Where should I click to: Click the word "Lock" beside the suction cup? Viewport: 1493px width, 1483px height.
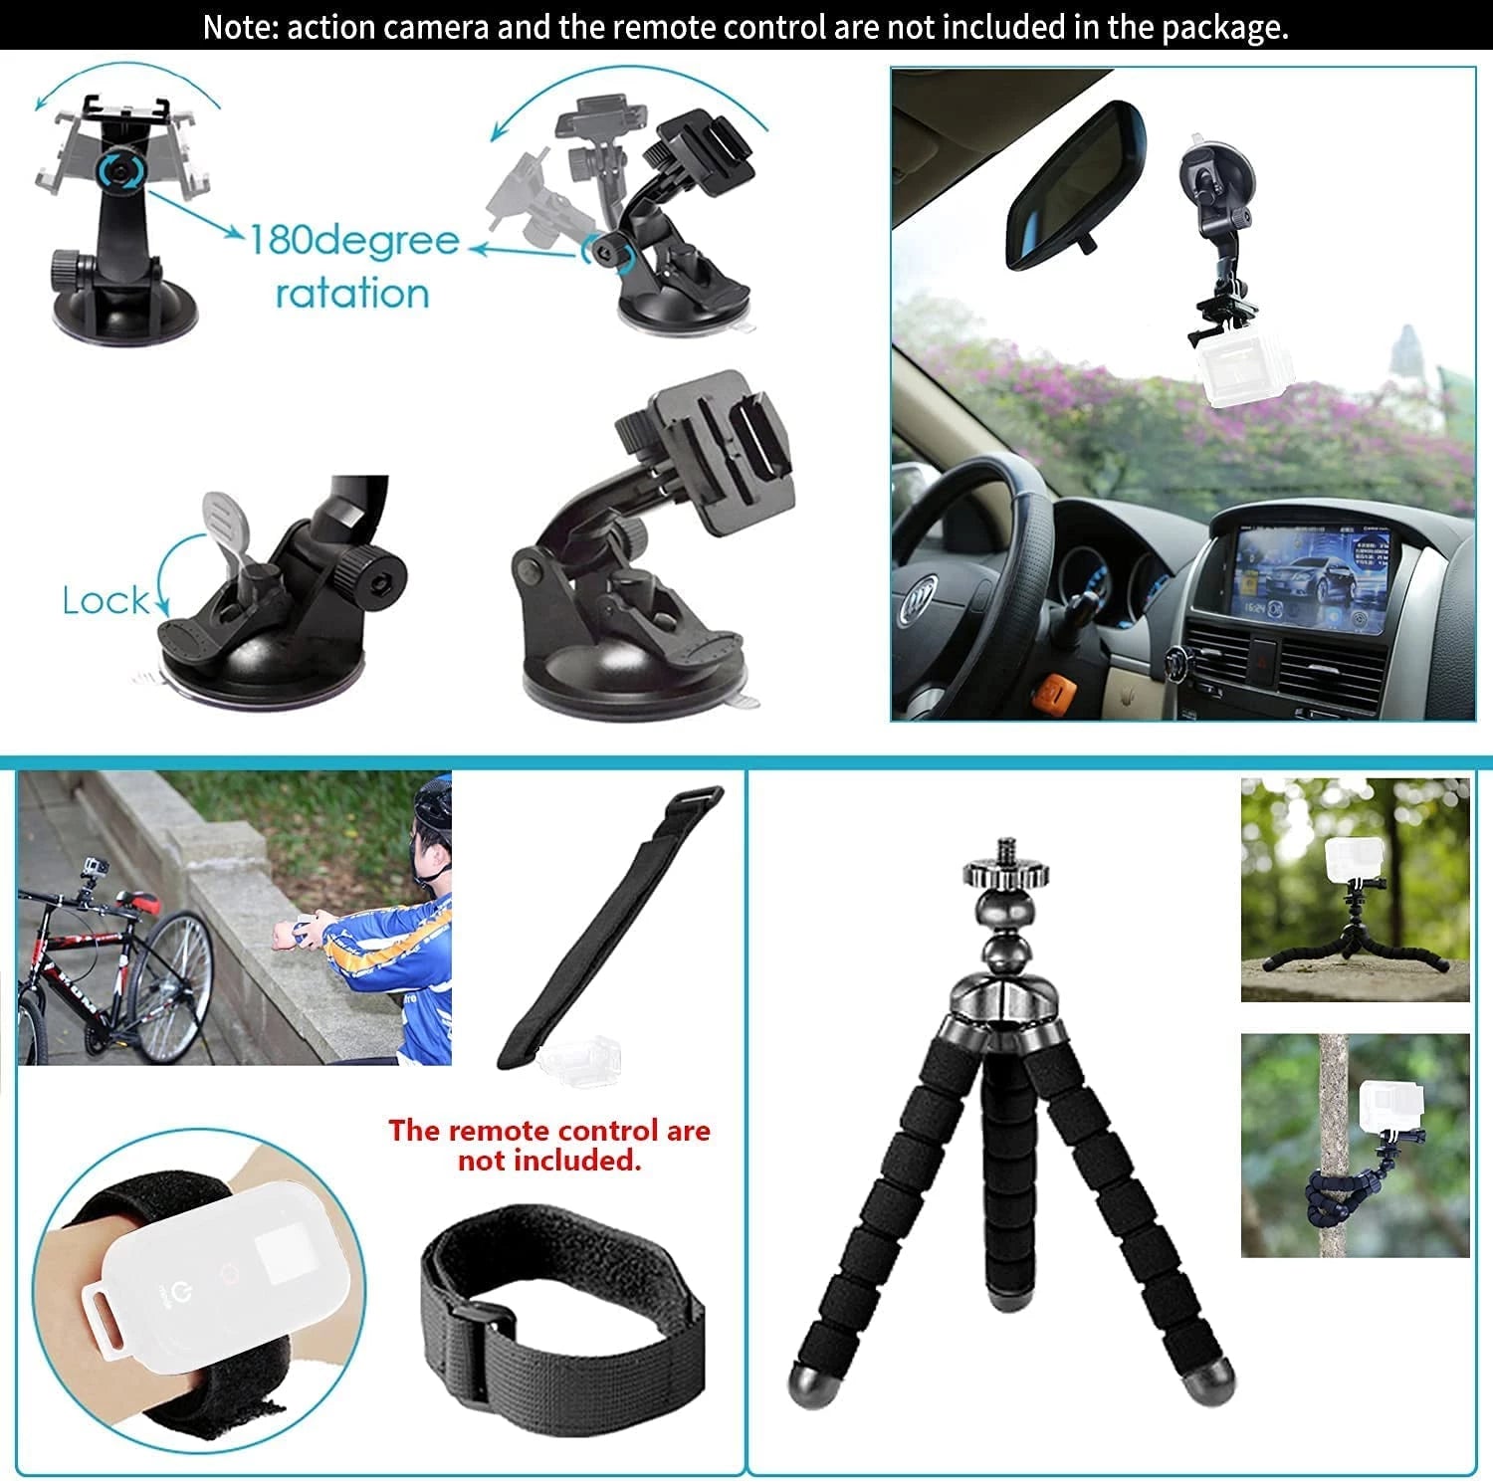coord(106,600)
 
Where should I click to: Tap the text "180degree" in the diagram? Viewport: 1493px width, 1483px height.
coord(353,240)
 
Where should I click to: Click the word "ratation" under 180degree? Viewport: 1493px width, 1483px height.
coord(352,294)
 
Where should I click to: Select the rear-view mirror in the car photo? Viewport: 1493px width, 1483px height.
coord(1076,187)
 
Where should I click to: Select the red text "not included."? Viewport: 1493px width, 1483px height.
coord(549,1161)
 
